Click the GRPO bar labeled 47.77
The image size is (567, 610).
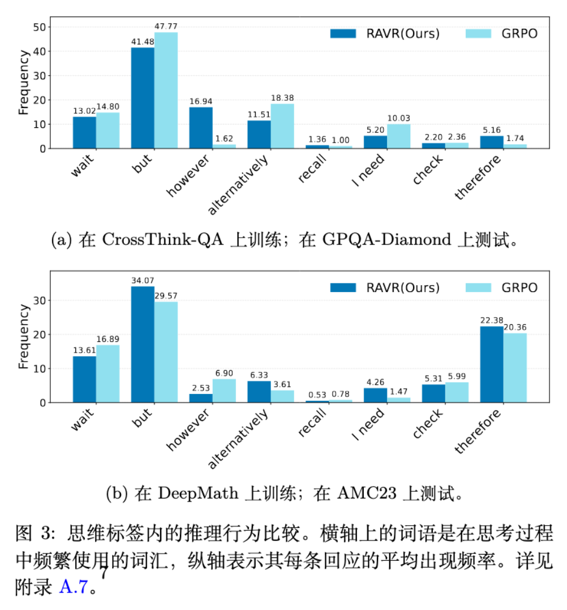click(166, 91)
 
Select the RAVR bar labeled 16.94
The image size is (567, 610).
click(201, 128)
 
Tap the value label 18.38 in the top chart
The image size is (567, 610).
click(282, 98)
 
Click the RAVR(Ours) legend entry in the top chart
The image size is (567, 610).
click(385, 33)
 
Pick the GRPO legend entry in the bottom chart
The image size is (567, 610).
click(501, 287)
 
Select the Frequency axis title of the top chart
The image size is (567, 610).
click(23, 83)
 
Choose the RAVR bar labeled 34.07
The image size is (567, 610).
click(143, 345)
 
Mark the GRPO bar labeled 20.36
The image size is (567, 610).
click(515, 368)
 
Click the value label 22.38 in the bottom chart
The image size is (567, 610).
click(491, 320)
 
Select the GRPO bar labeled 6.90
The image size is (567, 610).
click(224, 390)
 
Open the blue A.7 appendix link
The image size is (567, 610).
click(73, 587)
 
